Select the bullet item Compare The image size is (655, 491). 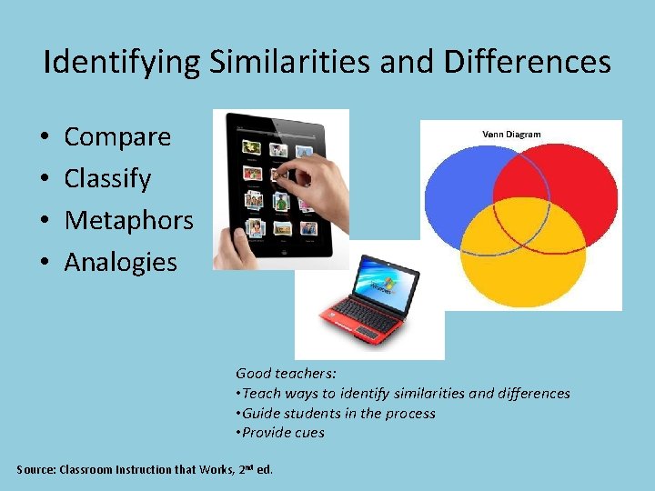[x=117, y=137]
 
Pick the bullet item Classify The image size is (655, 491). [x=107, y=179]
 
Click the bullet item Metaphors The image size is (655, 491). [x=128, y=220]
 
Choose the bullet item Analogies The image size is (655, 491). [x=120, y=262]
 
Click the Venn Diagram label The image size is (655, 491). [x=511, y=135]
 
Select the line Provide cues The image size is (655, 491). [x=282, y=433]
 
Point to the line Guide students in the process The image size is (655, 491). [x=338, y=413]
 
